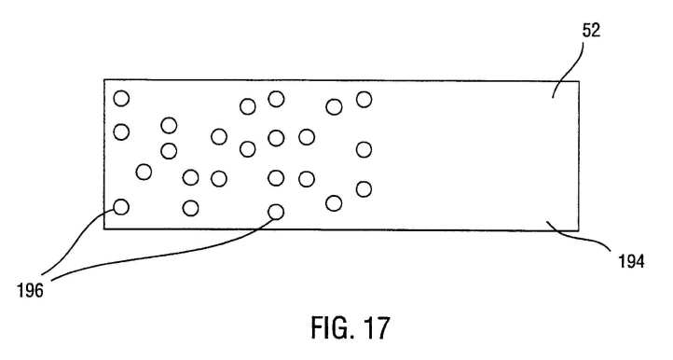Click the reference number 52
click(x=591, y=31)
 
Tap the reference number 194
click(x=631, y=261)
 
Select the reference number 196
click(x=31, y=291)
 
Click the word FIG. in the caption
click(x=332, y=327)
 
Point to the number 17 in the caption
click(x=377, y=327)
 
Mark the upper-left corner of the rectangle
click(x=104, y=80)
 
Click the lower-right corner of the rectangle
click(x=578, y=230)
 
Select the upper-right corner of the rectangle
click(x=579, y=81)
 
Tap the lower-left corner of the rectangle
click(x=104, y=228)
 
